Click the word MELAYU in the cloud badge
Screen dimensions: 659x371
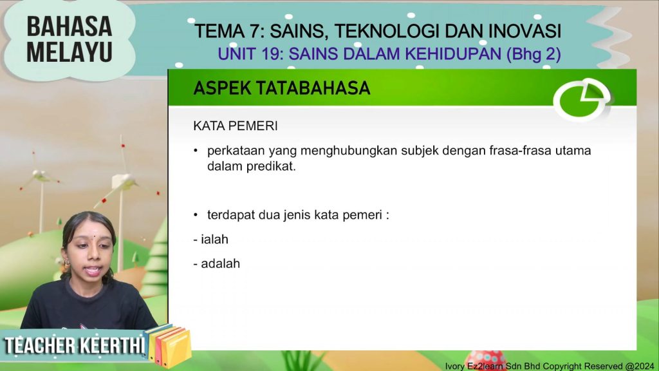pyautogui.click(x=70, y=52)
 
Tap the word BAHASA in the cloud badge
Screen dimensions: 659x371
pyautogui.click(x=70, y=26)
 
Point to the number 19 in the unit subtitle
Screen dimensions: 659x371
pyautogui.click(x=272, y=54)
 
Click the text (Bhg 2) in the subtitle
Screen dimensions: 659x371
pyautogui.click(x=534, y=54)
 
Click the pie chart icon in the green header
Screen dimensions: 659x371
pyautogui.click(x=582, y=100)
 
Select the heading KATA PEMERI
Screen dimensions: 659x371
pyautogui.click(x=236, y=126)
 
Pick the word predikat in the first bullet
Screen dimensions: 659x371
pyautogui.click(x=271, y=166)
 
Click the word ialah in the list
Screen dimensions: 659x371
pyautogui.click(x=215, y=240)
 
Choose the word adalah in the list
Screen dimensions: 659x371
pyautogui.click(x=221, y=263)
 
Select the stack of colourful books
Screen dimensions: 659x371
pyautogui.click(x=169, y=345)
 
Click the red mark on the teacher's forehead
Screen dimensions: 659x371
pyautogui.click(x=94, y=236)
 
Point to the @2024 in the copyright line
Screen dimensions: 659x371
pyautogui.click(x=640, y=366)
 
